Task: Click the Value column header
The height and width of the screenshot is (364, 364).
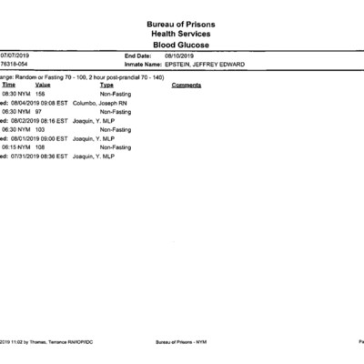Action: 43,84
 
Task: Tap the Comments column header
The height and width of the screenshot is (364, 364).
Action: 186,84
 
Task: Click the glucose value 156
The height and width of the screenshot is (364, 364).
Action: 40,93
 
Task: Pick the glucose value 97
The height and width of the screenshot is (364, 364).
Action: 38,111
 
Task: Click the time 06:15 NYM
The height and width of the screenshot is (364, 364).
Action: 16,147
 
